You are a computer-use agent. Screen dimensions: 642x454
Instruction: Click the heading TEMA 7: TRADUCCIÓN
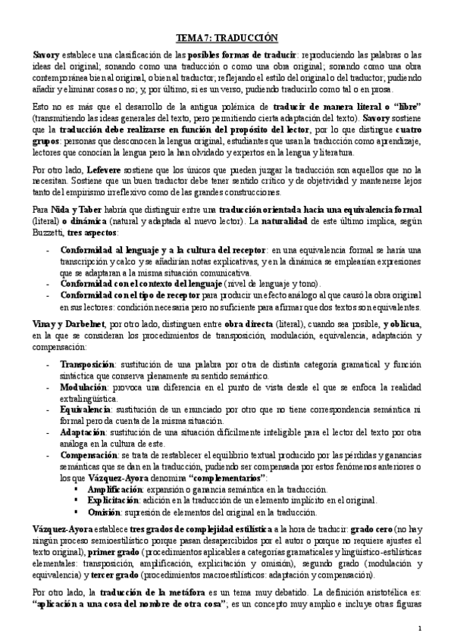pos(227,37)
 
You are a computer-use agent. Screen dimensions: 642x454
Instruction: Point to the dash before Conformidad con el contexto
pos(49,282)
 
